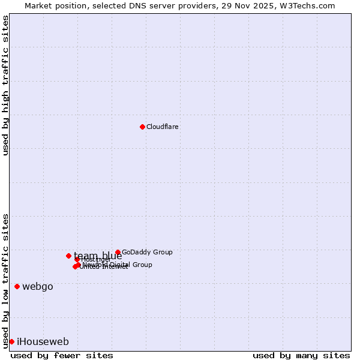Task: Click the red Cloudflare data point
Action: point(142,127)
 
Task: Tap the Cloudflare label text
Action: point(163,127)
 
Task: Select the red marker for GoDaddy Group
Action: point(118,253)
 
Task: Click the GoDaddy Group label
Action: point(147,253)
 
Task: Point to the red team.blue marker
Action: point(68,256)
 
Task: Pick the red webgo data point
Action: point(17,286)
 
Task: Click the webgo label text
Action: point(38,287)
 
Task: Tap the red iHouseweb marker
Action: point(11,341)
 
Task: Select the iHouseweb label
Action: point(43,342)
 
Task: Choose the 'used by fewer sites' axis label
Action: point(62,356)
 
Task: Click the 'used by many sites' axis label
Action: point(301,356)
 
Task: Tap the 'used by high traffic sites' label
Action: point(6,85)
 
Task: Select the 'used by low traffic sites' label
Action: point(6,281)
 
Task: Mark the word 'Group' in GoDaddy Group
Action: point(163,253)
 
